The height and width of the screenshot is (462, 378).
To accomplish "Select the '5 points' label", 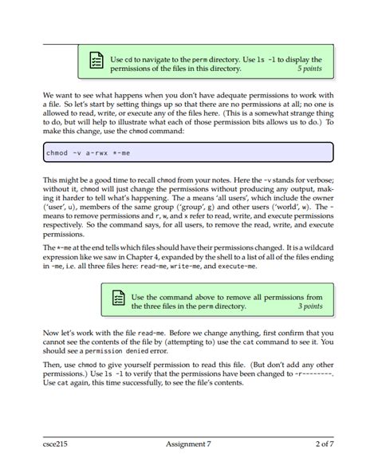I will pos(309,69).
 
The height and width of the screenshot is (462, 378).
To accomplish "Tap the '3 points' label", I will pos(310,306).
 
